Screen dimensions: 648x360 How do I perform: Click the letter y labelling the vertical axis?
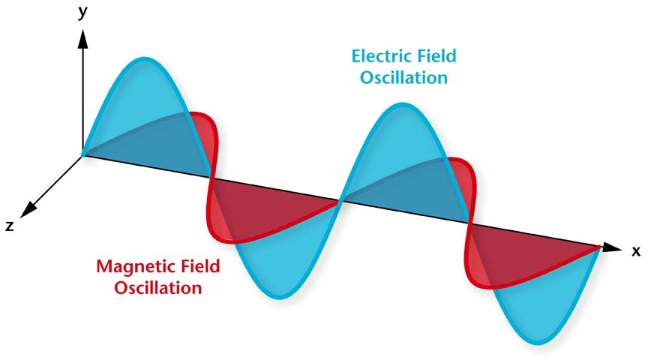(83, 12)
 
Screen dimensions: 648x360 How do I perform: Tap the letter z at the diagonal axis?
(10, 226)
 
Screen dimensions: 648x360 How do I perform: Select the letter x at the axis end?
(636, 250)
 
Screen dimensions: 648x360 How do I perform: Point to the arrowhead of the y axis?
(83, 38)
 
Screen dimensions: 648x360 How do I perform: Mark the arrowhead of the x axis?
(612, 247)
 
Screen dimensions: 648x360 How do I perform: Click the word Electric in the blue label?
(380, 56)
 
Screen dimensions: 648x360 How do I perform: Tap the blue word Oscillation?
(403, 78)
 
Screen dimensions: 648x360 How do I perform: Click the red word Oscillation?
(158, 288)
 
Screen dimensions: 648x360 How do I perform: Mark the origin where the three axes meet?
(83, 156)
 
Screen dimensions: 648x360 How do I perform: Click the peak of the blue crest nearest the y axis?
(144, 58)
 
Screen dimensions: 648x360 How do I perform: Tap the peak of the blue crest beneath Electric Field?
(400, 104)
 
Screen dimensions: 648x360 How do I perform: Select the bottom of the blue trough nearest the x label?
(539, 342)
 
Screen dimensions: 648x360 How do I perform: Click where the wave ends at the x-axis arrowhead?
(600, 247)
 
